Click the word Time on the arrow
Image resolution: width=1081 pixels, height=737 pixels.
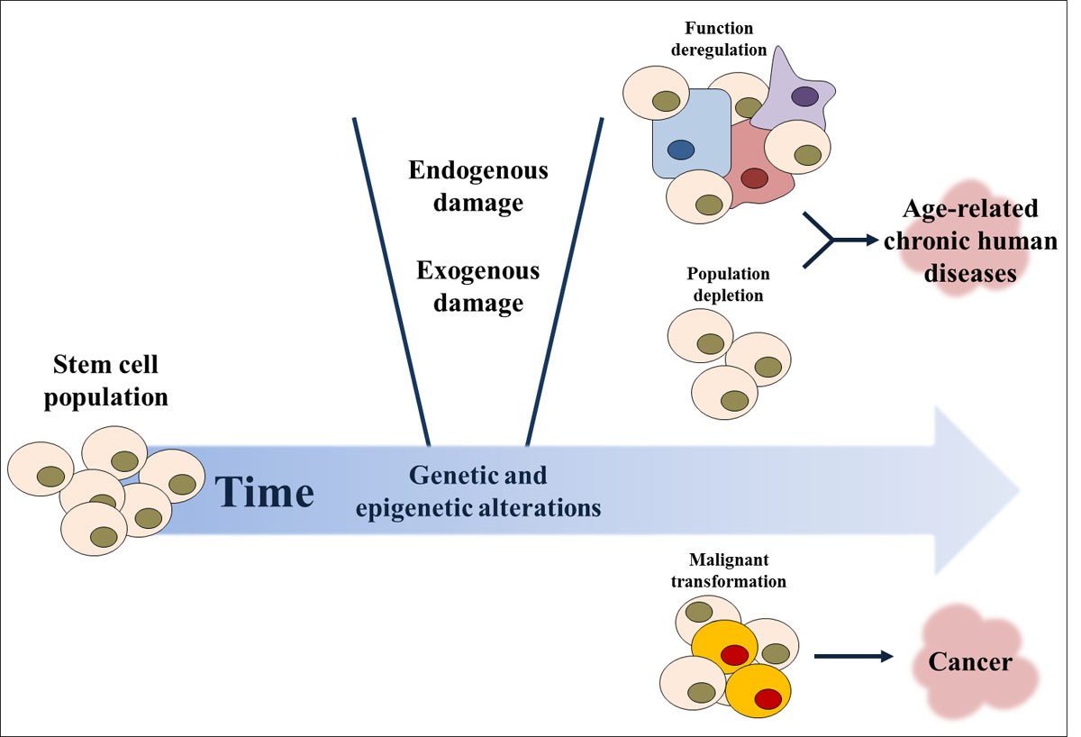pyautogui.click(x=264, y=493)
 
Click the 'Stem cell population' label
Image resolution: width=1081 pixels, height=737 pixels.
pyautogui.click(x=105, y=380)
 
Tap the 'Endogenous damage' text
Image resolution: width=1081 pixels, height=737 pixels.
pyautogui.click(x=477, y=187)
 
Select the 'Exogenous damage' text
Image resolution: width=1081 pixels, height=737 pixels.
pyautogui.click(x=477, y=287)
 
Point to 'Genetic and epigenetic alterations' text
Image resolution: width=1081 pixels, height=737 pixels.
pyautogui.click(x=477, y=491)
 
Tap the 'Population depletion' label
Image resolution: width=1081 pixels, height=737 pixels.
pyautogui.click(x=728, y=283)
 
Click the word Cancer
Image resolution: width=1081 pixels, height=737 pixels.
pyautogui.click(x=970, y=663)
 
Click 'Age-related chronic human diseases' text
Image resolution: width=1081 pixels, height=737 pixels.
pyautogui.click(x=969, y=241)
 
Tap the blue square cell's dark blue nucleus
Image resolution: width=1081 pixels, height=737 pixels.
pyautogui.click(x=681, y=149)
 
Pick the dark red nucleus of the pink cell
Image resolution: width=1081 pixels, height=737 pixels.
pyautogui.click(x=753, y=178)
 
